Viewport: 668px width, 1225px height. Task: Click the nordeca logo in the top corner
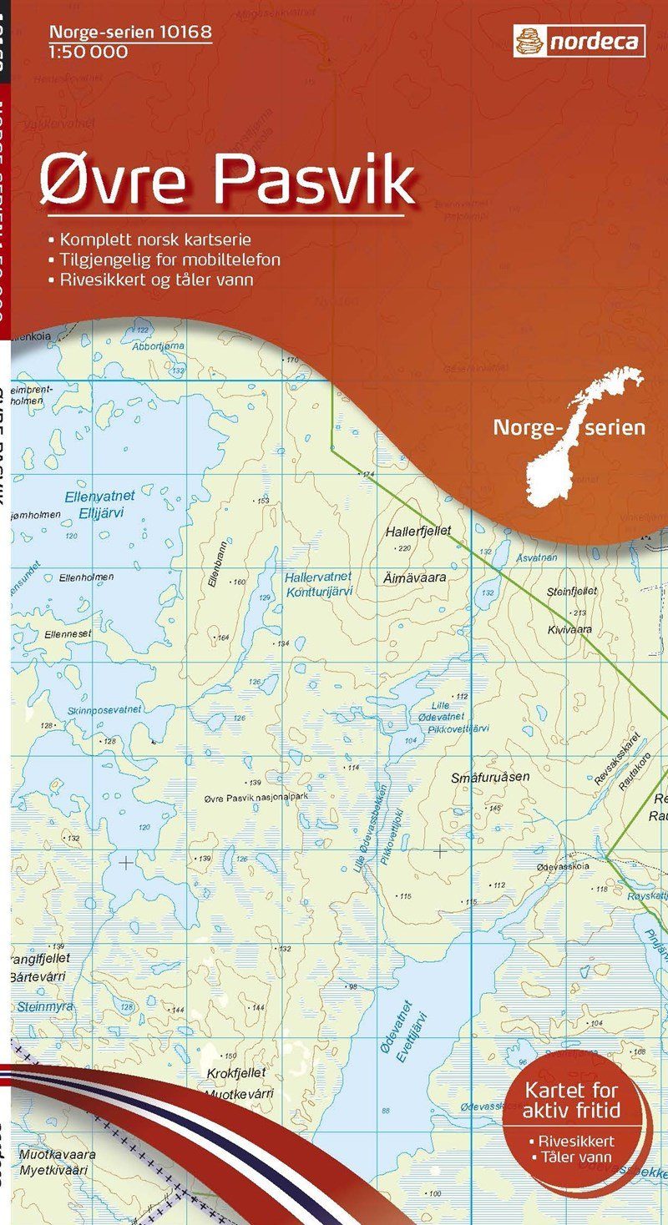tap(579, 39)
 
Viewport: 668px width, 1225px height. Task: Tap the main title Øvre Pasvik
tap(227, 179)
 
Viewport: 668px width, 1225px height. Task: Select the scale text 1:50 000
tap(89, 53)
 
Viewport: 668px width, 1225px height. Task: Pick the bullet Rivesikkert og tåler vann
tap(155, 280)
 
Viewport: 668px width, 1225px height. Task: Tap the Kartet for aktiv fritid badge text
tap(572, 1100)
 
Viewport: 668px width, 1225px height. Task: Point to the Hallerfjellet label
tap(417, 531)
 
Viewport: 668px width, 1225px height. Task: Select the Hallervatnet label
tap(317, 577)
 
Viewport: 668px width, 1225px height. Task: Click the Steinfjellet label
tap(572, 591)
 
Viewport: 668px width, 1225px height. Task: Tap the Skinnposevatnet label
tap(105, 709)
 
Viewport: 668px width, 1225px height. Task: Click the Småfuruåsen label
tap(490, 777)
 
